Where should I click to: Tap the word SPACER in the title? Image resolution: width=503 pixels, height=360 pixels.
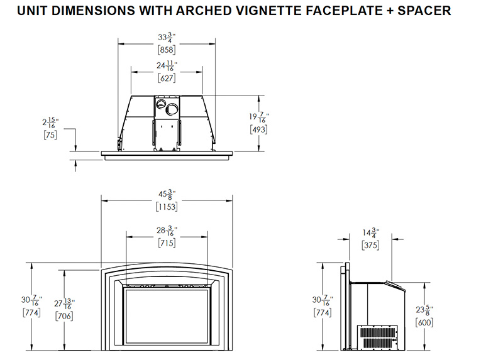point(424,11)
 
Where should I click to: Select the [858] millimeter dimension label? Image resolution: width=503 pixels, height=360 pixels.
point(167,50)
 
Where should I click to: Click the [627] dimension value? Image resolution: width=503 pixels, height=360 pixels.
point(167,78)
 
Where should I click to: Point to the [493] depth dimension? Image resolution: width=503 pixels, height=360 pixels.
point(258,129)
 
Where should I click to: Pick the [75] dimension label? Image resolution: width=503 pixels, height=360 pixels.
point(50,135)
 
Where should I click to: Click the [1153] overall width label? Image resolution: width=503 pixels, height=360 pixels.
point(167,207)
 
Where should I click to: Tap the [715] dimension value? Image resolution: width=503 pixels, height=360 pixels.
point(167,243)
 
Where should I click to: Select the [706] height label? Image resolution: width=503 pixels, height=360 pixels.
point(64,316)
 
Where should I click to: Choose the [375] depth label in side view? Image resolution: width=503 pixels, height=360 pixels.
point(370,245)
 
